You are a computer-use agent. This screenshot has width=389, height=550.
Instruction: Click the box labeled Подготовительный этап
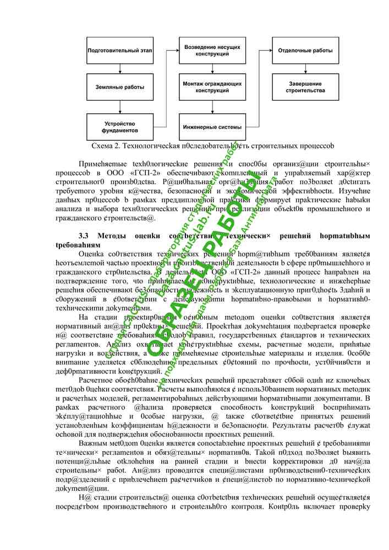coord(119,51)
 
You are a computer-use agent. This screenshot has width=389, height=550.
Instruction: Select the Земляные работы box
coord(119,87)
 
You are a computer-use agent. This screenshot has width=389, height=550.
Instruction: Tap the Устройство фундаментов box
coord(119,127)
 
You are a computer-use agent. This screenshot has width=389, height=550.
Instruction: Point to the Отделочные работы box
coord(305,51)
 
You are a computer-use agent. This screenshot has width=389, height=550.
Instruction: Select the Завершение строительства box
coord(305,87)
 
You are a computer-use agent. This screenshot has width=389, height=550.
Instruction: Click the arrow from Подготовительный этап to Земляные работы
coord(119,69)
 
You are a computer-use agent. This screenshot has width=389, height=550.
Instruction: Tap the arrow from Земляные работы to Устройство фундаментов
coord(119,107)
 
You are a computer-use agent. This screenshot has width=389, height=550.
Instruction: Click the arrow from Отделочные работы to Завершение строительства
coord(305,69)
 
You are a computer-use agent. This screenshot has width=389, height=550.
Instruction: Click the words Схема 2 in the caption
coord(105,146)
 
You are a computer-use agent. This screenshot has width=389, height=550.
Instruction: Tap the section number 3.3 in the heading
coord(85,236)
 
